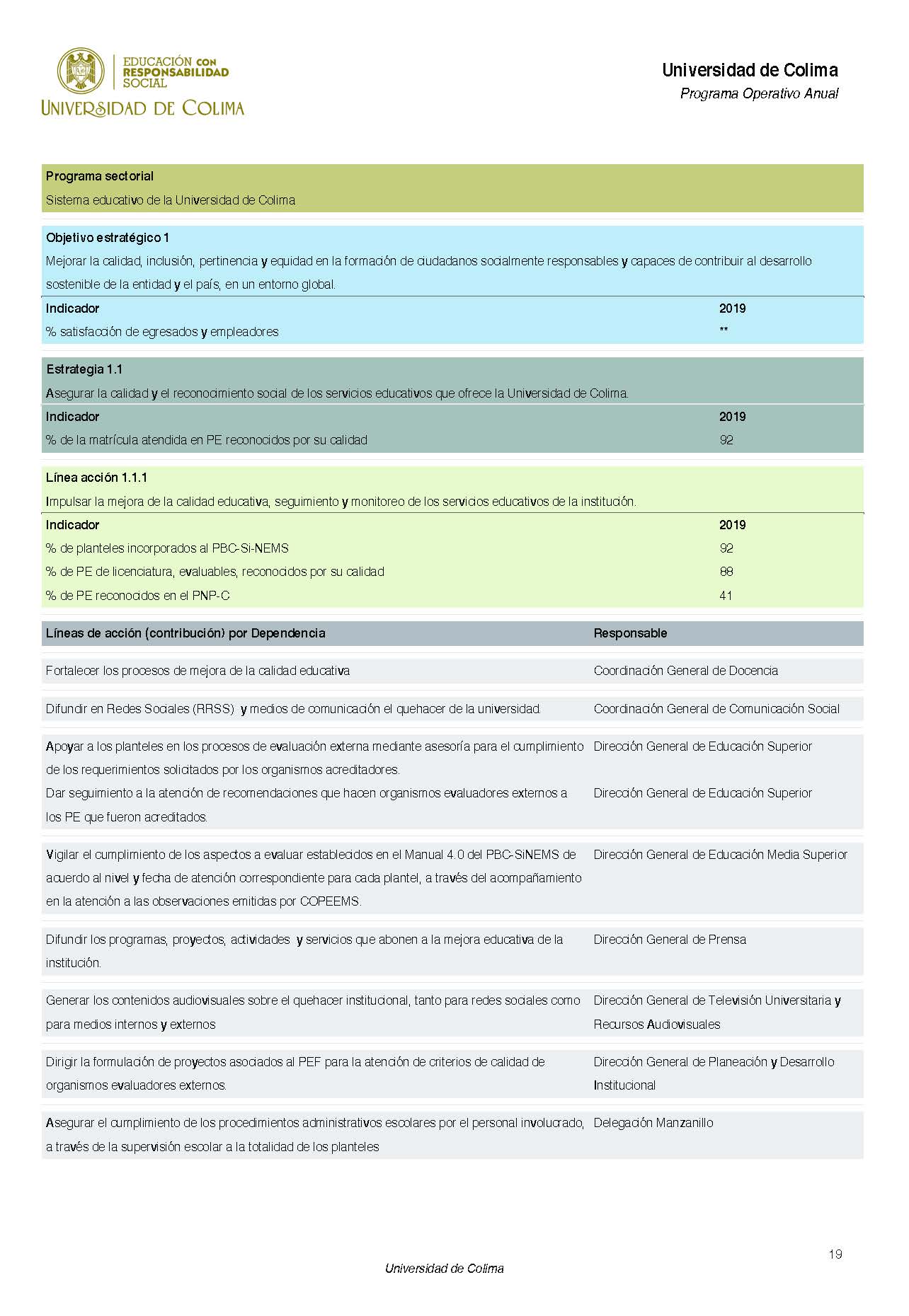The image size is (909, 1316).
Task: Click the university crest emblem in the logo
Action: tap(81, 71)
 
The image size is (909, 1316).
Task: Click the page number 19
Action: tap(835, 1254)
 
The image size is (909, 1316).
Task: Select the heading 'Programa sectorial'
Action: tap(100, 176)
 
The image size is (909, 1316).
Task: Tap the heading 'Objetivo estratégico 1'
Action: tap(108, 238)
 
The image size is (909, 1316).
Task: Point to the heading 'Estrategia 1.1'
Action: tap(84, 369)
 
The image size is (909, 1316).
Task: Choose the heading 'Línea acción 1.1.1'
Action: tap(97, 478)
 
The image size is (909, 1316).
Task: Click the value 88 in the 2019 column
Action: tap(726, 572)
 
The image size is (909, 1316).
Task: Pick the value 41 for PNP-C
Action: tap(726, 596)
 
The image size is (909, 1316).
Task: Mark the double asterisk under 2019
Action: tap(724, 330)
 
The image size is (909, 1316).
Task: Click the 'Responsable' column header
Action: tap(630, 633)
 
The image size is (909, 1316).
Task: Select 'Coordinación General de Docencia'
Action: tap(685, 671)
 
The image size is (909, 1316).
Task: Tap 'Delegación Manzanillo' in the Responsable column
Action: tap(653, 1123)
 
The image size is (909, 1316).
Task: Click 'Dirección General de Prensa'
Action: tap(670, 940)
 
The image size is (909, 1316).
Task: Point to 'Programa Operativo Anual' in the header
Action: tap(759, 93)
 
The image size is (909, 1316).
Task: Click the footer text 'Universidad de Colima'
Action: tap(444, 1269)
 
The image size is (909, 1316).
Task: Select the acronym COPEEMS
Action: tap(331, 901)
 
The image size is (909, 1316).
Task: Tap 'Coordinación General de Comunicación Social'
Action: tap(716, 709)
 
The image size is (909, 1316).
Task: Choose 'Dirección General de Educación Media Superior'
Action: tap(720, 855)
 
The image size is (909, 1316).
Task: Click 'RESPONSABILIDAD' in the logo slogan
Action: tap(176, 72)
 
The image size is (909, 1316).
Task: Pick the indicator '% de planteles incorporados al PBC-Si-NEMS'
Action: tap(167, 548)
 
